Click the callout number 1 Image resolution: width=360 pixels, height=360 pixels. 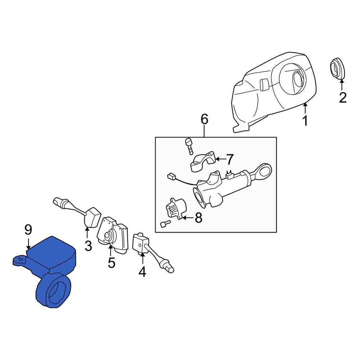pos(305,121)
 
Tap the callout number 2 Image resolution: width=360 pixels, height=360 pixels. pos(343,98)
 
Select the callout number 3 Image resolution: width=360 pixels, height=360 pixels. pos(88,245)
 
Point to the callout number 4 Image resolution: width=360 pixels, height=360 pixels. pos(142,272)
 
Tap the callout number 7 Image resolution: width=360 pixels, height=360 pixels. pos(230,159)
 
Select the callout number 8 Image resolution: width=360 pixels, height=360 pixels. pos(198,217)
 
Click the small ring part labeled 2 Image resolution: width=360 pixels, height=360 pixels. pos(338,69)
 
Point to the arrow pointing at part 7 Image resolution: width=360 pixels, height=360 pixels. pos(220,159)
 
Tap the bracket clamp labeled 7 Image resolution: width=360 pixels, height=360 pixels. pos(203,161)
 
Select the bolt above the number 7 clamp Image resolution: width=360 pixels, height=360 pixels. pos(189,146)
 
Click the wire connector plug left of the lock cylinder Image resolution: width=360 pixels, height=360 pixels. pos(171,176)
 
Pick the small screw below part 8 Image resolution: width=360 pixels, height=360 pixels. pos(165,224)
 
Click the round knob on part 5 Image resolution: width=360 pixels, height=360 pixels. pos(108,236)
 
